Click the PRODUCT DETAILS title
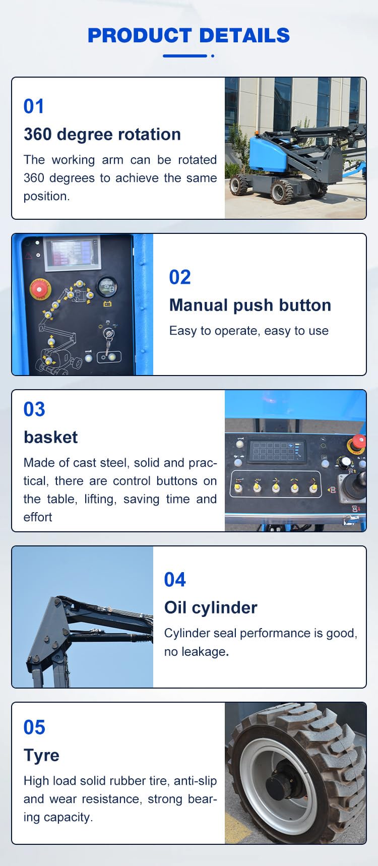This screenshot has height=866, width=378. coord(188,35)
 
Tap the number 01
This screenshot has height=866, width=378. coord(34,106)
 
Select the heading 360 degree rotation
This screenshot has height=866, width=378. coord(102,134)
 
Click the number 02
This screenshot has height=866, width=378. coord(180,277)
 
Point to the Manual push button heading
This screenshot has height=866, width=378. coord(250,305)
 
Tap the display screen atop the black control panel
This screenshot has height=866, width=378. coord(73,254)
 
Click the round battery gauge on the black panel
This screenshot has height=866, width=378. coord(107,286)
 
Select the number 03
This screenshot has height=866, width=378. coord(34,409)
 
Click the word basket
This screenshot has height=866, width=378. coord(50,437)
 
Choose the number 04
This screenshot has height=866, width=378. coord(175,580)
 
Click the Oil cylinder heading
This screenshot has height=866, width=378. coord(211,607)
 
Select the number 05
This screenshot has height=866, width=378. coord(34,727)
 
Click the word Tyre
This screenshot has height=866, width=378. coord(41,756)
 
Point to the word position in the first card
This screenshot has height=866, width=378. coord(46,196)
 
